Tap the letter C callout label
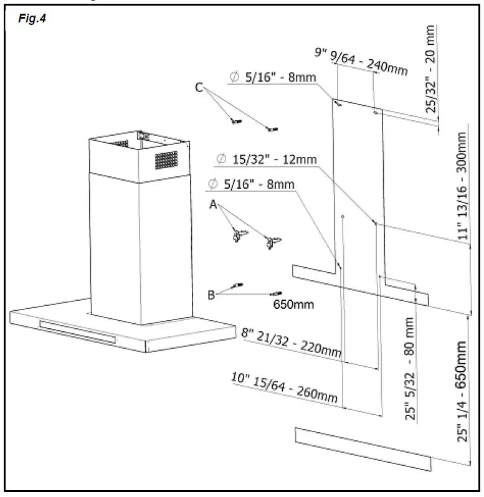pos(199,88)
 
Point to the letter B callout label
pos(211,295)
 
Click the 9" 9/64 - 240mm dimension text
pos(361,61)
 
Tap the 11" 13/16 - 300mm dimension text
pos(462,187)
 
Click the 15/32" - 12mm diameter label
pos(267,160)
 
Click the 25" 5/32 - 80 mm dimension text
pos(410,370)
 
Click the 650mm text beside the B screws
pos(293,305)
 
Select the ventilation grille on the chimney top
pos(167,161)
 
